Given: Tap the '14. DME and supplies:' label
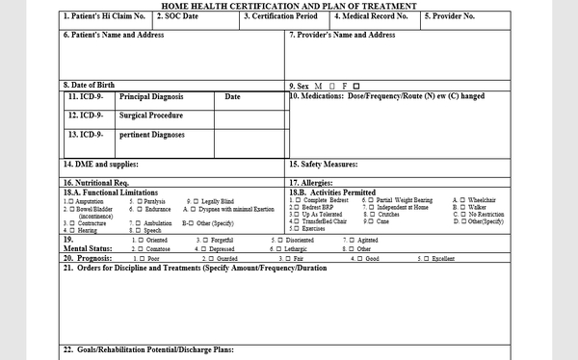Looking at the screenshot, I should [101, 165].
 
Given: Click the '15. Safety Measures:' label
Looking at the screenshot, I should [324, 165].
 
